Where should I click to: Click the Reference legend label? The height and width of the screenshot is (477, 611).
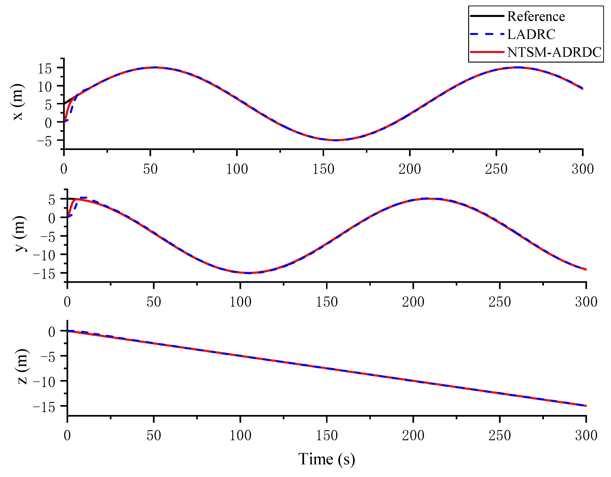click(x=536, y=17)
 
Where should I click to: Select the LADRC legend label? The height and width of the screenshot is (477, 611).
click(x=531, y=34)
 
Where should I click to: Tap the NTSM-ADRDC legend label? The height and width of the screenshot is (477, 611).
click(x=554, y=52)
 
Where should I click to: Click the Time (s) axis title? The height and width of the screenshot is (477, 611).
click(x=326, y=459)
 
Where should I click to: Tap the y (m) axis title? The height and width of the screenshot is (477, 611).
click(x=20, y=234)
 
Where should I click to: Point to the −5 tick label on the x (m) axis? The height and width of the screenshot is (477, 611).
click(x=45, y=142)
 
